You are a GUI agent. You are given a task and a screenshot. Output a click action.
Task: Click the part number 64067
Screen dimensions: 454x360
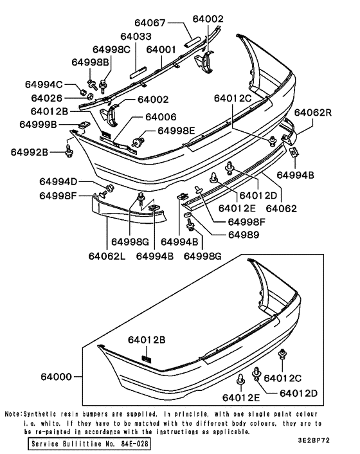148,23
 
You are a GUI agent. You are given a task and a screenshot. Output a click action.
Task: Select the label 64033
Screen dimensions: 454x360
136,37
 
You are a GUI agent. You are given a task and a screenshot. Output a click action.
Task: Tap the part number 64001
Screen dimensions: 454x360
161,50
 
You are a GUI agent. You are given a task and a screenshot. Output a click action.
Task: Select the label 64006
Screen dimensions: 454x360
161,117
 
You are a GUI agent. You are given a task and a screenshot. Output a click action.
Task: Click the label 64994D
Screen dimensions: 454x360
58,181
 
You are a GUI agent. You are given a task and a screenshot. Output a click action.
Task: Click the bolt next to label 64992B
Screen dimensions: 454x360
69,149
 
